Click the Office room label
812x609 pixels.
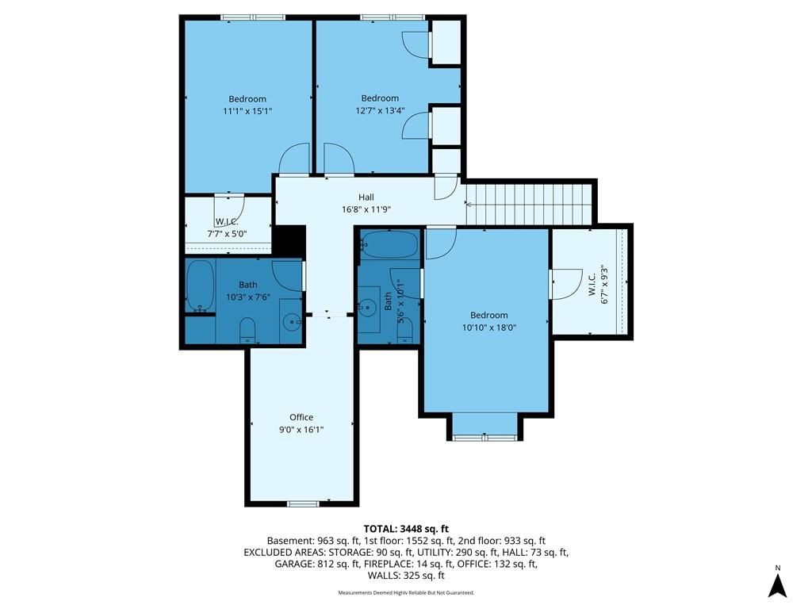click(x=301, y=417)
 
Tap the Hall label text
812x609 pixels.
click(x=366, y=197)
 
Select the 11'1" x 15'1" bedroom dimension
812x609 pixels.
click(x=247, y=111)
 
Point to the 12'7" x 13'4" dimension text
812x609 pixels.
click(x=380, y=110)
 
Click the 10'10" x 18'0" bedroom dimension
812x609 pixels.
click(x=489, y=327)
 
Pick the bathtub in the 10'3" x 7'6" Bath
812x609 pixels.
click(x=200, y=285)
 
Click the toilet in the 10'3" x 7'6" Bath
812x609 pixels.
click(x=247, y=331)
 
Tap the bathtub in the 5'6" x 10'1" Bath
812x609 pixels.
click(x=390, y=244)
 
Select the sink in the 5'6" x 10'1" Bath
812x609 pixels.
click(x=369, y=308)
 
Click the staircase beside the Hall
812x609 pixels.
click(x=529, y=205)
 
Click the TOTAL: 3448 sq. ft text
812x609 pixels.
click(x=406, y=529)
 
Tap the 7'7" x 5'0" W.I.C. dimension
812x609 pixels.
click(x=227, y=234)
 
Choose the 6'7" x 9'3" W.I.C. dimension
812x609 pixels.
click(x=604, y=285)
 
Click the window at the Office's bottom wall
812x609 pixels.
click(x=304, y=504)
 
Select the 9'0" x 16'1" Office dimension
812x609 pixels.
click(x=301, y=429)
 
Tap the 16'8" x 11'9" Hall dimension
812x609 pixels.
click(x=366, y=209)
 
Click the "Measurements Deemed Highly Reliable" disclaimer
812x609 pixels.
click(x=406, y=593)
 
